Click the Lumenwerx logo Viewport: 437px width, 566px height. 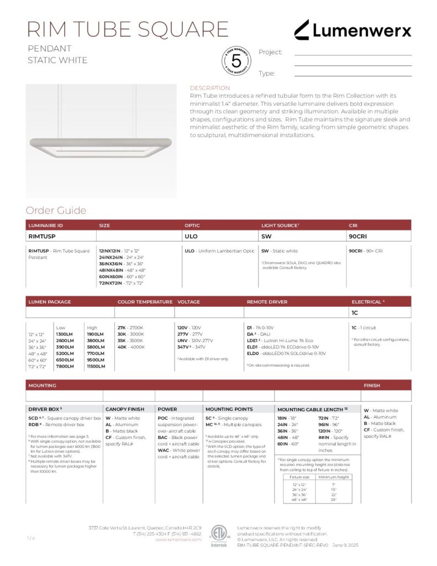point(352,30)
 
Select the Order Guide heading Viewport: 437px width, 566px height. point(56,211)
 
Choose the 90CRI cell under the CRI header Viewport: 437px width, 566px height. point(358,236)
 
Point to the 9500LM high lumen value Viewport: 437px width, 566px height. point(96,359)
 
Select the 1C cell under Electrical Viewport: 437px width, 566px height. point(355,313)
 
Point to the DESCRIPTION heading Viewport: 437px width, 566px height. point(209,88)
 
